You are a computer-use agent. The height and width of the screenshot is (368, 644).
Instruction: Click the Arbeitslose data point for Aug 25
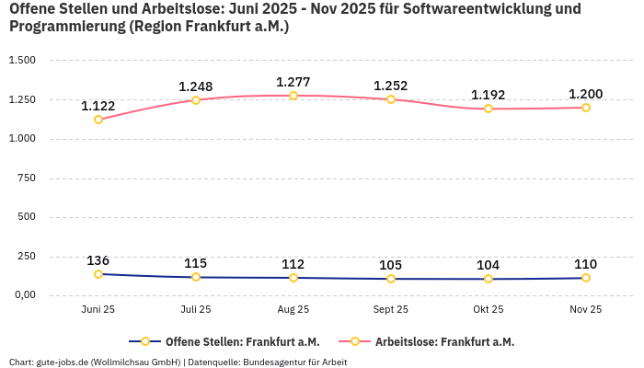tap(293, 96)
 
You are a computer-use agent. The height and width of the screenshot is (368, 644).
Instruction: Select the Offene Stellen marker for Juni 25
tap(98, 274)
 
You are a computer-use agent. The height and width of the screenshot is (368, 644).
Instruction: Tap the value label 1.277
tap(293, 82)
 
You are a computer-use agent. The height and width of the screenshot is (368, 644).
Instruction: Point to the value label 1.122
tap(98, 106)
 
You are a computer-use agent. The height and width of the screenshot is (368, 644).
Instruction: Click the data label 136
tap(98, 260)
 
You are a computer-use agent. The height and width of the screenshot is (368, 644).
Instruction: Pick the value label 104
tap(489, 265)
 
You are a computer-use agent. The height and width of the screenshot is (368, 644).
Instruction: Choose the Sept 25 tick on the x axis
tap(391, 309)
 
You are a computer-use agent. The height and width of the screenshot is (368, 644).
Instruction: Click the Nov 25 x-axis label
tap(586, 309)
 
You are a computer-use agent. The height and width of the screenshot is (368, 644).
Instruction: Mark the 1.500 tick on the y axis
tap(22, 61)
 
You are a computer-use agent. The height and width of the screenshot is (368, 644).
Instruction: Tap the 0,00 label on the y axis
tap(23, 295)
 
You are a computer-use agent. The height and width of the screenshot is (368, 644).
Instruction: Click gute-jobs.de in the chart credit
tap(59, 362)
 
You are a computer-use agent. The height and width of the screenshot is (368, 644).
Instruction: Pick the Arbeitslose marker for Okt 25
tap(489, 109)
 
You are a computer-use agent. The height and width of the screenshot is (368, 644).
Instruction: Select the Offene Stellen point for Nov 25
tap(586, 278)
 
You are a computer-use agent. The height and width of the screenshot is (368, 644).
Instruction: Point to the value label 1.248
tap(196, 86)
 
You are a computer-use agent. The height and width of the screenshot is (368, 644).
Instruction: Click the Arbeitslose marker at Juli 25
tap(196, 99)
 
